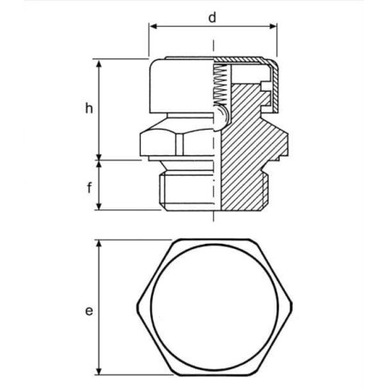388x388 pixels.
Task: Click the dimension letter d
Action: [x=212, y=18]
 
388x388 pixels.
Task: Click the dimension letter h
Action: [x=89, y=109]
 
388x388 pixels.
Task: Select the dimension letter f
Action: [x=89, y=188]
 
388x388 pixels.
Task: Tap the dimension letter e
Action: [x=89, y=311]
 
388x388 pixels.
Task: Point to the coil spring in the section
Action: [x=220, y=85]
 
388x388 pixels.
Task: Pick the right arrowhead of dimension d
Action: [x=273, y=27]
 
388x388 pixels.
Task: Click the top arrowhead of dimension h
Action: [x=99, y=64]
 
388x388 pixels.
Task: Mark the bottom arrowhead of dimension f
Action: [x=99, y=205]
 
